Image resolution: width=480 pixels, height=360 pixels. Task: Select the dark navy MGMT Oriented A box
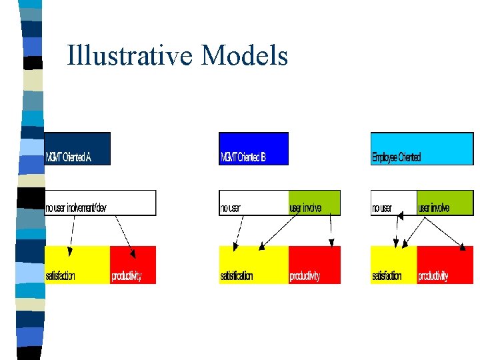77,149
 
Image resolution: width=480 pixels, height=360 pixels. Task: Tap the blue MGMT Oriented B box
253,149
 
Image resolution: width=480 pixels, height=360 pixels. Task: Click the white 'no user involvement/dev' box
100,203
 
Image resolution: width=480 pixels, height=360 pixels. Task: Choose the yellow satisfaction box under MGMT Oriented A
77,265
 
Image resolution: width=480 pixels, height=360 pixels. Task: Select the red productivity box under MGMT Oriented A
133,265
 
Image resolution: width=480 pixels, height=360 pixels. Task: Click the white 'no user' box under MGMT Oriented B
253,203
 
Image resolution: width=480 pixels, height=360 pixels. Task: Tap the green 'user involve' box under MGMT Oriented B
314,203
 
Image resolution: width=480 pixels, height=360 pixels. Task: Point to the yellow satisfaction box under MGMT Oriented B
253,265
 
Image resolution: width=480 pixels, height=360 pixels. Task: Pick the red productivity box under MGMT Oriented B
314,265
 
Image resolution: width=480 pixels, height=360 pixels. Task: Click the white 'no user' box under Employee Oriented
393,203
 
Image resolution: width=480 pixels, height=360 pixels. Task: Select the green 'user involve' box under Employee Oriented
445,203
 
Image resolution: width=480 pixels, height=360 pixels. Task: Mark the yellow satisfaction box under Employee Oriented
393,265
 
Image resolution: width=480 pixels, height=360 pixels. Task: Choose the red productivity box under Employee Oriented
445,265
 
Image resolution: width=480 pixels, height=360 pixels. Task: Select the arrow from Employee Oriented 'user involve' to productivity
443,233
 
